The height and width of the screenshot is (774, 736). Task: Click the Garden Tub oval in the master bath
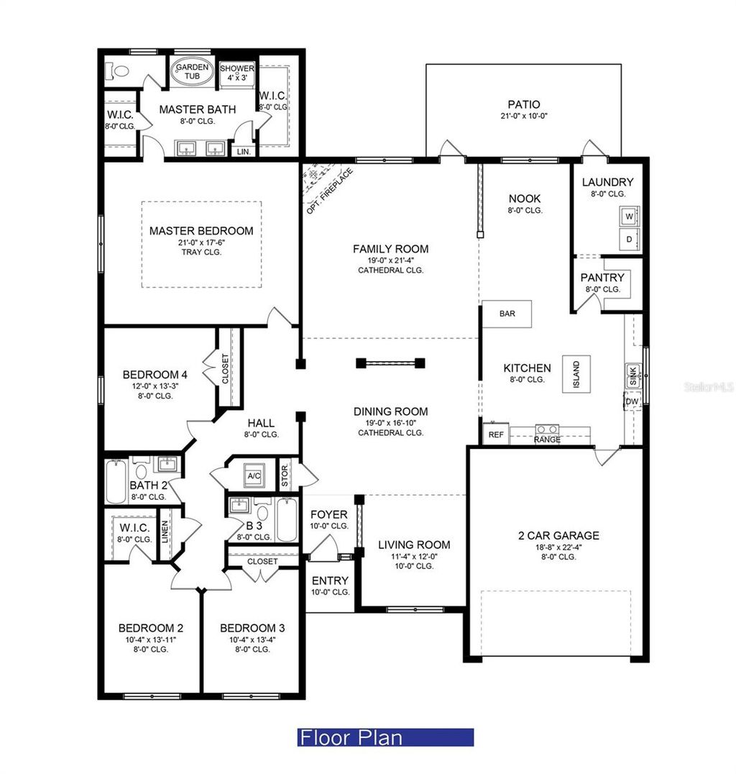(192, 71)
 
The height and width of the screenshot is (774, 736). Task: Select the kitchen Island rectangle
(576, 373)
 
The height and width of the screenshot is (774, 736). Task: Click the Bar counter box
(507, 314)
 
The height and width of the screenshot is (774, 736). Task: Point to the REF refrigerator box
(496, 434)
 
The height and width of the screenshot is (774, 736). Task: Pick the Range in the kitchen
(547, 431)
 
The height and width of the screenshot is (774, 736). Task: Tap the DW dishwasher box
(632, 401)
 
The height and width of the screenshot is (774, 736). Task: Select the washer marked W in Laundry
(630, 216)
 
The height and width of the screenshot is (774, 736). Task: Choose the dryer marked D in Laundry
(630, 239)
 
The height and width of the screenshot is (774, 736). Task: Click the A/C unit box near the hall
(253, 475)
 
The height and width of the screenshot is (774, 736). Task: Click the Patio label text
(523, 104)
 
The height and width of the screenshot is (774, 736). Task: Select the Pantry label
(602, 278)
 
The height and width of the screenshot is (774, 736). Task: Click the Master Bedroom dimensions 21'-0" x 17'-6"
(201, 242)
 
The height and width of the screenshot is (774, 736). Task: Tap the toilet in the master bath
(117, 71)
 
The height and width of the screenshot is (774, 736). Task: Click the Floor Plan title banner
(385, 737)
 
